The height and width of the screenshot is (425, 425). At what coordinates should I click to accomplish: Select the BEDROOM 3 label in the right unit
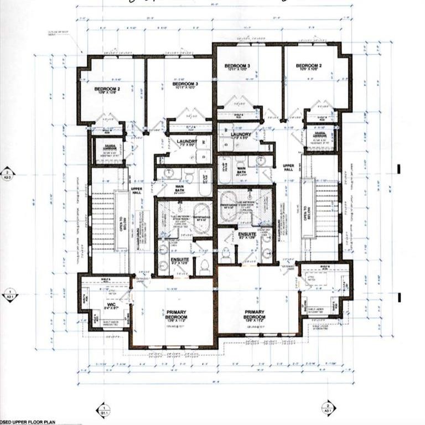pyautogui.click(x=237, y=66)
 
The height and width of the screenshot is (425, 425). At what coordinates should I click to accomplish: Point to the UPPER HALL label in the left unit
pyautogui.click(x=137, y=191)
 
